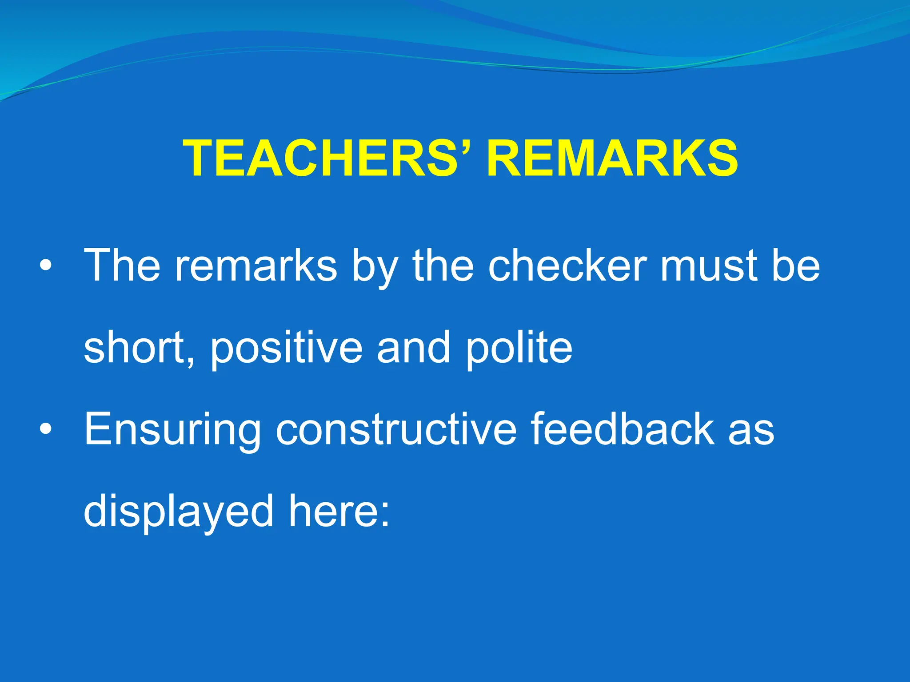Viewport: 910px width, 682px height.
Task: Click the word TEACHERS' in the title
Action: click(327, 159)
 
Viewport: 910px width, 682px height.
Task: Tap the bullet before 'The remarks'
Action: click(45, 266)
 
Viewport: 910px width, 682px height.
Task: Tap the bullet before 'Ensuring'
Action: click(45, 429)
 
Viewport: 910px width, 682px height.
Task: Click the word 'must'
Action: click(709, 265)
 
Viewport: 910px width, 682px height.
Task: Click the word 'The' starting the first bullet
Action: click(122, 265)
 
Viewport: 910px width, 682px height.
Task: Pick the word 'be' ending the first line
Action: click(795, 265)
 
